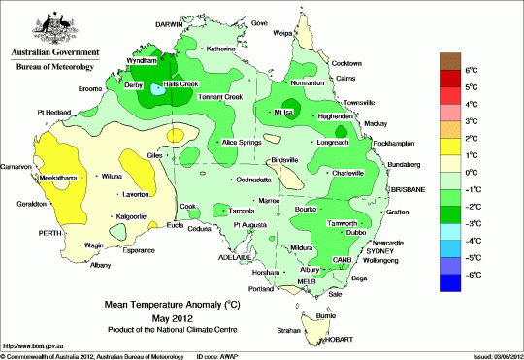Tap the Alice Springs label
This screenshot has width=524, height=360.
tap(245, 143)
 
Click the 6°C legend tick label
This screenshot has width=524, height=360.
tap(474, 71)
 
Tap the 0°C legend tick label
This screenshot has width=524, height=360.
tap(474, 173)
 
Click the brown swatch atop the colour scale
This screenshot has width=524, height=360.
tap(452, 60)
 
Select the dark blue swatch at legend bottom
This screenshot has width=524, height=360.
tap(452, 282)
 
